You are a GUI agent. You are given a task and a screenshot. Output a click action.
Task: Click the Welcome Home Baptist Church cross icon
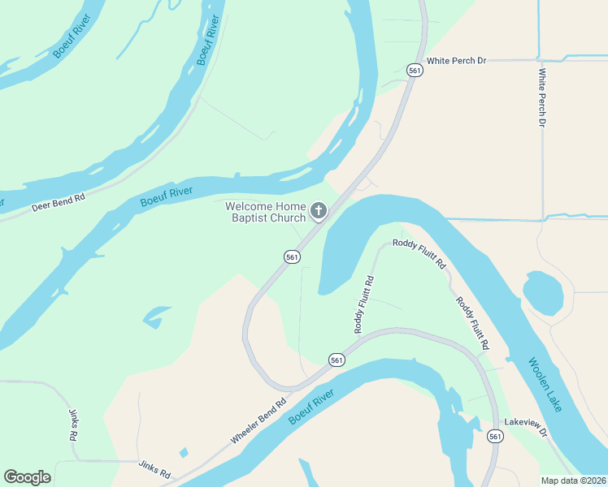pyautogui.click(x=319, y=212)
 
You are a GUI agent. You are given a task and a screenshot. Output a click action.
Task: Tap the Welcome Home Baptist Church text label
pyautogui.click(x=265, y=212)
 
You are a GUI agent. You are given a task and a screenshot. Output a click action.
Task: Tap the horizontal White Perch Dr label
pyautogui.click(x=456, y=61)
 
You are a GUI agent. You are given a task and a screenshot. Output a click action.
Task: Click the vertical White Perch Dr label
pyautogui.click(x=541, y=97)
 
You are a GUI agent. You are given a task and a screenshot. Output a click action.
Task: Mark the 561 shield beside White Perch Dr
pyautogui.click(x=415, y=71)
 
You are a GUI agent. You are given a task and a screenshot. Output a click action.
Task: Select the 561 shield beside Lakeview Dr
pyautogui.click(x=495, y=437)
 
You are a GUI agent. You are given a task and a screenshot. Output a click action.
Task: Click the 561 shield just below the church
pyautogui.click(x=293, y=256)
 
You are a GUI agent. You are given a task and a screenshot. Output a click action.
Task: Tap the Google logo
pyautogui.click(x=27, y=477)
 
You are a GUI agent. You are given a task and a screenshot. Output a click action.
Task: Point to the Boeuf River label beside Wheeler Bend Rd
pyautogui.click(x=311, y=407)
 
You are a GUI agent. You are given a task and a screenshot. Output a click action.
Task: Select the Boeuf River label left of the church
pyautogui.click(x=166, y=196)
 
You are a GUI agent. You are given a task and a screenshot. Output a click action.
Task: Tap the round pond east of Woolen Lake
pyautogui.click(x=542, y=292)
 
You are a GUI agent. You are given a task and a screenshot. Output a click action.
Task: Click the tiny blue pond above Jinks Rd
pyautogui.click(x=183, y=452)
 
